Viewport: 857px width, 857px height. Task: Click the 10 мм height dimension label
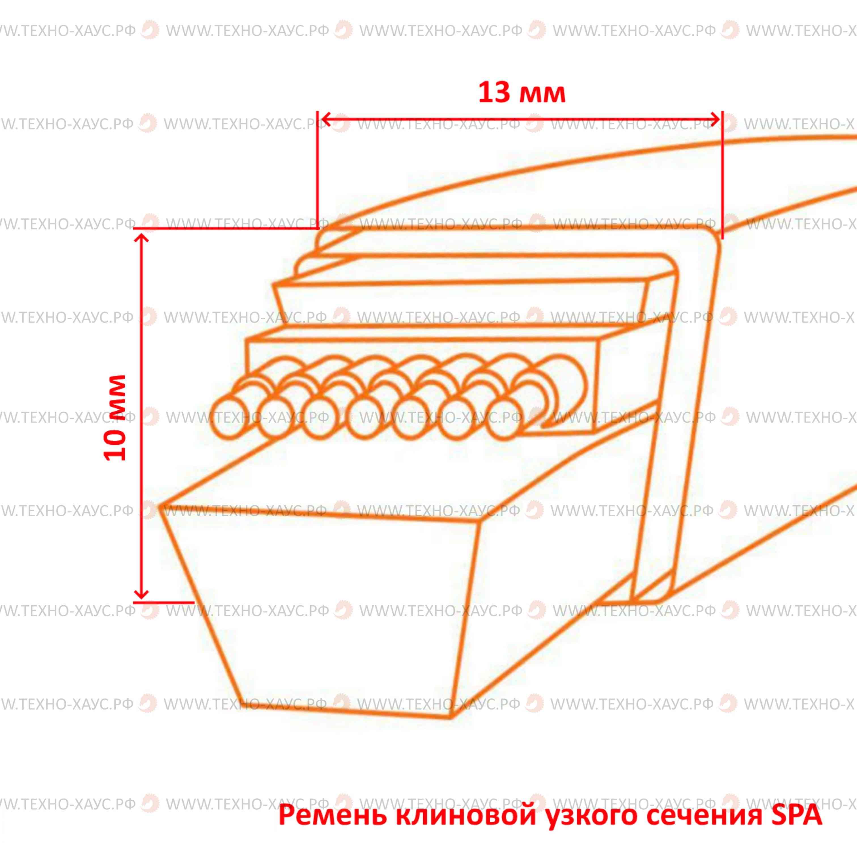[x=115, y=418]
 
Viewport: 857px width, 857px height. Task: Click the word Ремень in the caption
[x=332, y=816]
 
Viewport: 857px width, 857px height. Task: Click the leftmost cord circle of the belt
[x=229, y=417]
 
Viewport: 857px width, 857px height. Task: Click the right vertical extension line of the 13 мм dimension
[x=722, y=175]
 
